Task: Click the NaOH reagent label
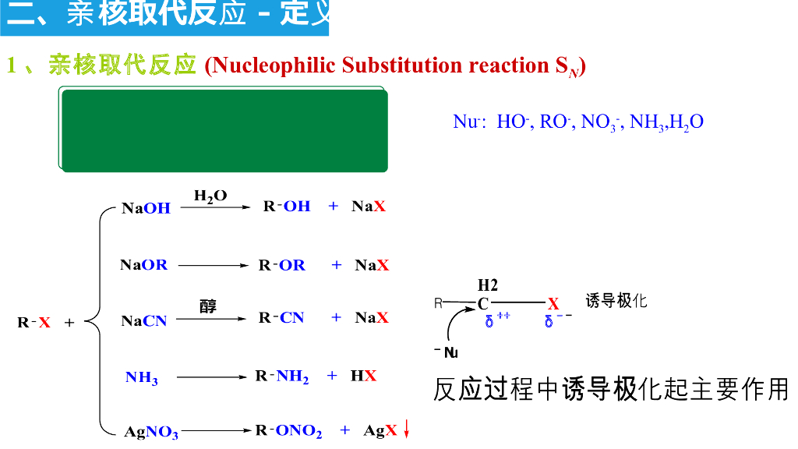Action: [x=147, y=208]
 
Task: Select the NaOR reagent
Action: [x=144, y=265]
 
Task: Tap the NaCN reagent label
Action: [x=144, y=320]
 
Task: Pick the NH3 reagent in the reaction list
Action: [x=142, y=378]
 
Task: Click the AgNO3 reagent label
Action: [x=151, y=431]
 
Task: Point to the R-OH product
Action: [x=286, y=207]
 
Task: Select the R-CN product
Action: [x=281, y=318]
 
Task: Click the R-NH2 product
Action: [x=282, y=377]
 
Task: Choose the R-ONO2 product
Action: [x=288, y=431]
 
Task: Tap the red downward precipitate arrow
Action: [x=406, y=430]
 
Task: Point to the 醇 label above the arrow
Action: [x=208, y=306]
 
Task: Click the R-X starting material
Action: [x=34, y=322]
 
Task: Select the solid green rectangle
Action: [x=224, y=131]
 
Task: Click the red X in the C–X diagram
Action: [x=553, y=304]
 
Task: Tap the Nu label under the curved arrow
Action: [x=450, y=352]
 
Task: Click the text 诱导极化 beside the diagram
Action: [x=616, y=301]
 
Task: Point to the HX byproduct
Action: [x=363, y=376]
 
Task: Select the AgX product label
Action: [x=380, y=430]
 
